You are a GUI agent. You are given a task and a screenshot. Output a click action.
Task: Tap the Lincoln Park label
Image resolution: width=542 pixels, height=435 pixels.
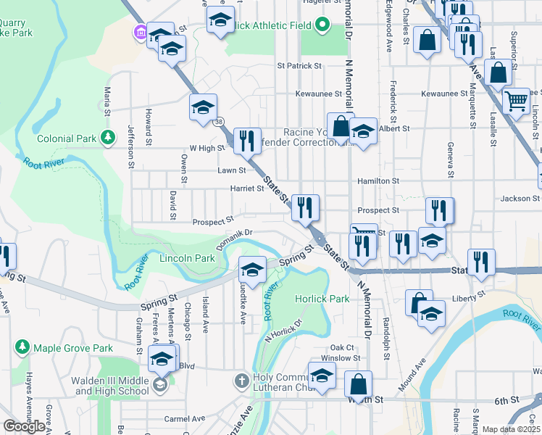pos(187,258)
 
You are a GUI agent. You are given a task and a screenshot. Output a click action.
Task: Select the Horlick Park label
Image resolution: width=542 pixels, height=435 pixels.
pos(322,299)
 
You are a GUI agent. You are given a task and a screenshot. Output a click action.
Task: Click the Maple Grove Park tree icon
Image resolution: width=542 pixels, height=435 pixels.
pos(22,348)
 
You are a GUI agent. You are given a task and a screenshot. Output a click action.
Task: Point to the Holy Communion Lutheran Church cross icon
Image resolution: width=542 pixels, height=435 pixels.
pos(241,380)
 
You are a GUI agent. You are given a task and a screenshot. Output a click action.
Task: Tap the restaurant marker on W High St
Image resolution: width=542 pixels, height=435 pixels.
pos(247,139)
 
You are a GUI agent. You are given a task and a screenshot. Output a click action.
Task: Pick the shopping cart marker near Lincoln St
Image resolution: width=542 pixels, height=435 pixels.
pos(516,101)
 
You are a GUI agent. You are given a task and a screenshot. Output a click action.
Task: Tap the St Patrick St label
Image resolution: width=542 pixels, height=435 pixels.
pos(299,65)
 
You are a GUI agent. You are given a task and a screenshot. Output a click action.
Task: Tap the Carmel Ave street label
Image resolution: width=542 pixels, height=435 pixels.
pos(184,418)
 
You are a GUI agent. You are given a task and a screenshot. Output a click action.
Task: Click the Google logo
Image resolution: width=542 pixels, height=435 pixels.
pos(24,426)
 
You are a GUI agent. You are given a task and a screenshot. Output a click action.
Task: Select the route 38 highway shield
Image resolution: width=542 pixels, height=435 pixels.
pos(218,122)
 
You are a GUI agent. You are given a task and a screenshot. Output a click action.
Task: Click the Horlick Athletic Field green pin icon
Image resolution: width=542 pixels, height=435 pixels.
pos(322,25)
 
